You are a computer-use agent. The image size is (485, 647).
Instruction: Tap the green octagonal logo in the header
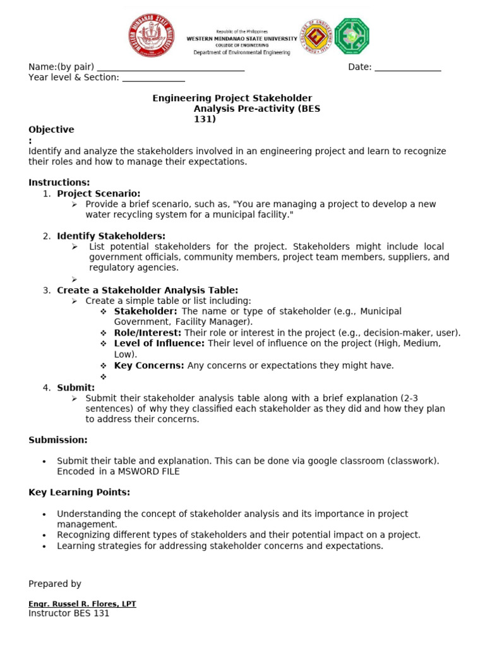[x=352, y=35]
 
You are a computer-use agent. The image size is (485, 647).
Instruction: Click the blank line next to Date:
[x=408, y=68]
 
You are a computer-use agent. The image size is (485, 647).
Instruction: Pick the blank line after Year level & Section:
[x=153, y=78]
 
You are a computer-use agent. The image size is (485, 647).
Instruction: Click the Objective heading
[x=51, y=130]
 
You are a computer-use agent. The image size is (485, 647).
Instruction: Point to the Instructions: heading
[x=59, y=183]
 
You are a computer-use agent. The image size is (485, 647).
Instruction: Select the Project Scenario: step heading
[x=99, y=193]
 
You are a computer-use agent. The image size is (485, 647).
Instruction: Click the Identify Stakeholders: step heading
[x=111, y=236]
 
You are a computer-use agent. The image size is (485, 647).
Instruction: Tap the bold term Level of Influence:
[x=159, y=343]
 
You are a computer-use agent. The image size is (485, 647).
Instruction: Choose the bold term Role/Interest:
[x=148, y=332]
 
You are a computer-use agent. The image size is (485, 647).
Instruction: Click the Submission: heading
[x=58, y=440]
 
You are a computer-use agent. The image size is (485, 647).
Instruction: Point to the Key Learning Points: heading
[x=79, y=492]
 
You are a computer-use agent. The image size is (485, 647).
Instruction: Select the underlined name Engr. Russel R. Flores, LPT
[x=82, y=604]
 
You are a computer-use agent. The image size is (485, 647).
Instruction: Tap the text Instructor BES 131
[x=69, y=614]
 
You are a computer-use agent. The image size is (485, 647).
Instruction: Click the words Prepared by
[x=55, y=584]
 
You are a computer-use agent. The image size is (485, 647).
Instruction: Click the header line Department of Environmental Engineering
[x=242, y=53]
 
